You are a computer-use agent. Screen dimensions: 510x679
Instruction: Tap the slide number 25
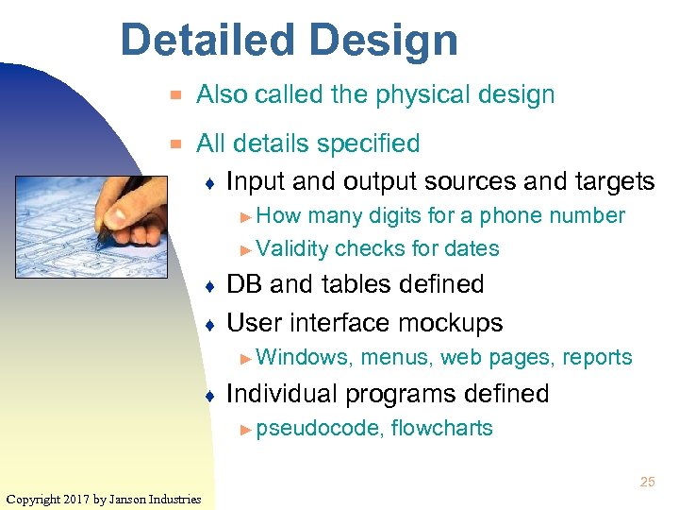pos(647,482)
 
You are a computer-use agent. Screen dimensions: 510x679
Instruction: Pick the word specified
pos(369,144)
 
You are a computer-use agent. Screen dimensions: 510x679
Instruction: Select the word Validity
pos(291,249)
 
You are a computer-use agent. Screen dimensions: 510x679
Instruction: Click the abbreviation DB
pos(245,284)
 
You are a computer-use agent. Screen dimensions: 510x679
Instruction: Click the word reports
pos(597,358)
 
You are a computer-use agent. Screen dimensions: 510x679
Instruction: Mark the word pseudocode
pos(319,429)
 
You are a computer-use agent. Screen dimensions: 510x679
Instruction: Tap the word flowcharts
pos(441,429)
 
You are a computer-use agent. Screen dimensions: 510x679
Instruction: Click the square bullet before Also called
pos(173,95)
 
